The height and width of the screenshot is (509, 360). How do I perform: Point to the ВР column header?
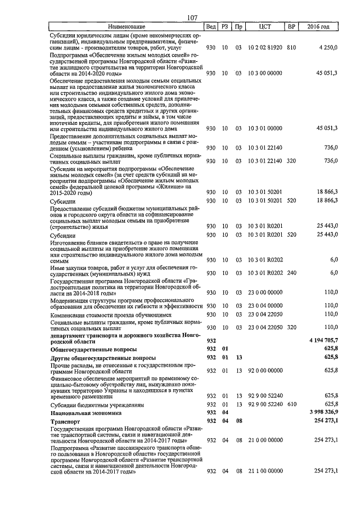tap(291, 27)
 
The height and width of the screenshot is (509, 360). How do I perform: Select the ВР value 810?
tap(291, 49)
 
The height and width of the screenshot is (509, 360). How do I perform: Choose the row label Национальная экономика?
tap(84, 412)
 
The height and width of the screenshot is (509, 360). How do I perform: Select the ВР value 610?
tap(291, 404)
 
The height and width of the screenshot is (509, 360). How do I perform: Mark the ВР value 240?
tap(291, 273)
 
